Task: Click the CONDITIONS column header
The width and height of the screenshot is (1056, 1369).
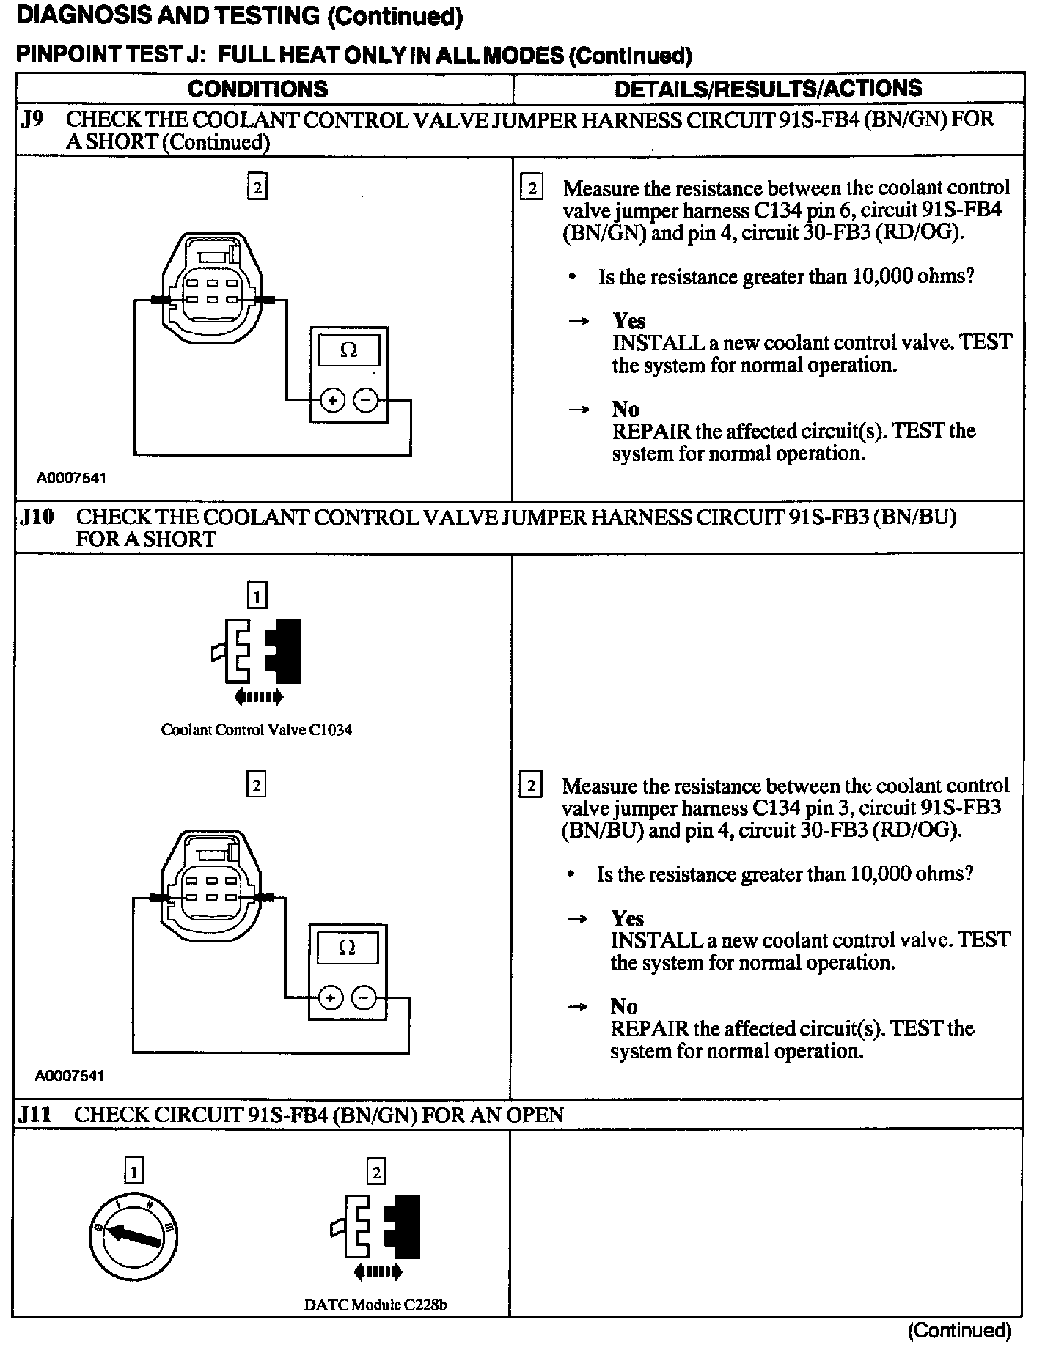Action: pyautogui.click(x=257, y=89)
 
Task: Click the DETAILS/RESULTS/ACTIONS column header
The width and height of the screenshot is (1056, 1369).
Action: pyautogui.click(x=768, y=89)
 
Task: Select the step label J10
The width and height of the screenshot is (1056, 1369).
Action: pyautogui.click(x=37, y=517)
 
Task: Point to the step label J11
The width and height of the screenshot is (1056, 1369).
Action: pyautogui.click(x=36, y=1115)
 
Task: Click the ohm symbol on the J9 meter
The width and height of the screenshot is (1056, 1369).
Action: pyautogui.click(x=349, y=350)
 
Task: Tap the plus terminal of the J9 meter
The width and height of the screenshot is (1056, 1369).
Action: pyautogui.click(x=332, y=400)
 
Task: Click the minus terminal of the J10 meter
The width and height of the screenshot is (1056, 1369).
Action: pyautogui.click(x=364, y=997)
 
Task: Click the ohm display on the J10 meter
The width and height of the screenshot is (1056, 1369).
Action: pyautogui.click(x=348, y=948)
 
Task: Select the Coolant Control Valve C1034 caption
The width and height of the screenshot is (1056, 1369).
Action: pyautogui.click(x=256, y=730)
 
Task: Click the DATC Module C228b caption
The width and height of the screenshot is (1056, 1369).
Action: pyautogui.click(x=375, y=1305)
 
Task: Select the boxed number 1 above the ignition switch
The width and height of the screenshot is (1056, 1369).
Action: pyautogui.click(x=133, y=1172)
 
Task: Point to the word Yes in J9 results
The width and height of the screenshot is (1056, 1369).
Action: pyautogui.click(x=628, y=321)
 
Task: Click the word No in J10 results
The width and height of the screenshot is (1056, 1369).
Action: pyautogui.click(x=624, y=1006)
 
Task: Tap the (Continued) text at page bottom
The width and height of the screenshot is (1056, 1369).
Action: pyautogui.click(x=958, y=1330)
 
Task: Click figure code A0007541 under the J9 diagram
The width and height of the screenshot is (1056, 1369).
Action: pyautogui.click(x=71, y=479)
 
